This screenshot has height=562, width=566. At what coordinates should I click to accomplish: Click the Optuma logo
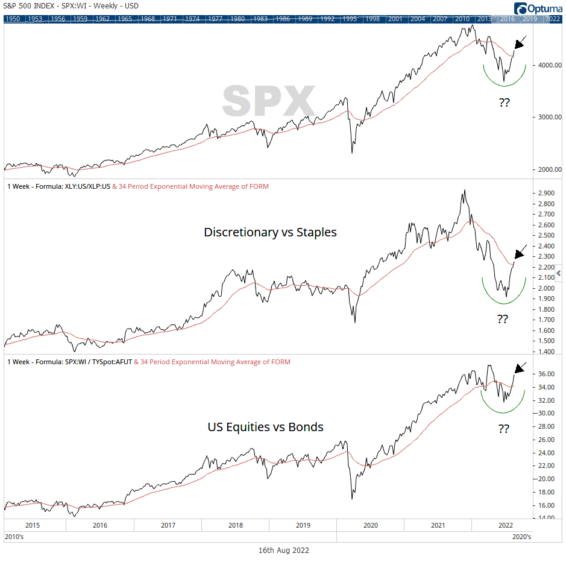pyautogui.click(x=538, y=8)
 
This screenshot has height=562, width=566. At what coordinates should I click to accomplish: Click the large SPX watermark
pyautogui.click(x=269, y=100)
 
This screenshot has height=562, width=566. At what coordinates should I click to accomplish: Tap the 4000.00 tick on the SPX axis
pyautogui.click(x=546, y=65)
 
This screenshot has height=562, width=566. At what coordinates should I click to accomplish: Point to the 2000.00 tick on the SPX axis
pyautogui.click(x=546, y=169)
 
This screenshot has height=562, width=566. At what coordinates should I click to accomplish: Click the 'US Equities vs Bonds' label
pyautogui.click(x=265, y=427)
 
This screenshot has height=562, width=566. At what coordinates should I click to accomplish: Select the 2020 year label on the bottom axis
pyautogui.click(x=370, y=525)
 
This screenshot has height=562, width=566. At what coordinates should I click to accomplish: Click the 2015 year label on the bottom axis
pyautogui.click(x=33, y=525)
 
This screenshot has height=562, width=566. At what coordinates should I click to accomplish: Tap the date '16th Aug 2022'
pyautogui.click(x=283, y=550)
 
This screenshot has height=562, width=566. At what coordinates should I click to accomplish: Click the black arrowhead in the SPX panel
pyautogui.click(x=518, y=45)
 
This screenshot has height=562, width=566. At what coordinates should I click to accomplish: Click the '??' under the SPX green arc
pyautogui.click(x=505, y=103)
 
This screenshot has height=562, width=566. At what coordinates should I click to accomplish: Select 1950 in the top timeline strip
pyautogui.click(x=13, y=19)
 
